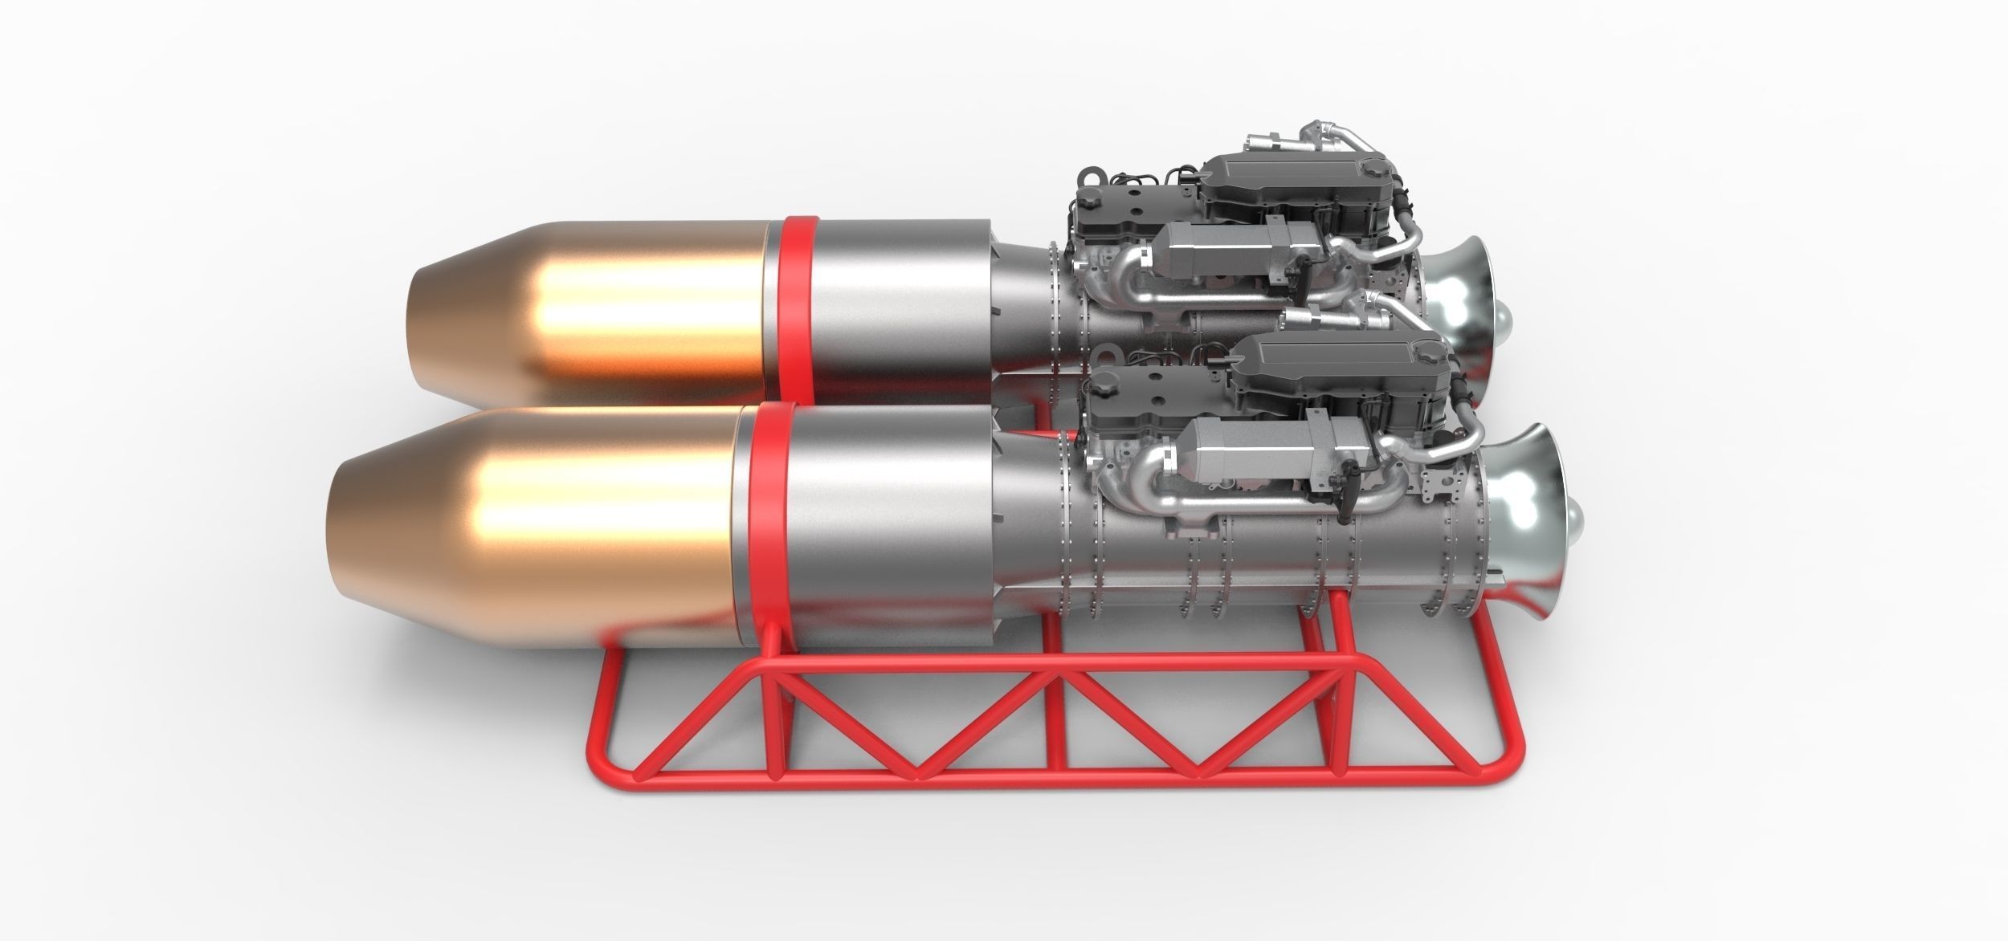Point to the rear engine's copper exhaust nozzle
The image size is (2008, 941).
click(x=586, y=313)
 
